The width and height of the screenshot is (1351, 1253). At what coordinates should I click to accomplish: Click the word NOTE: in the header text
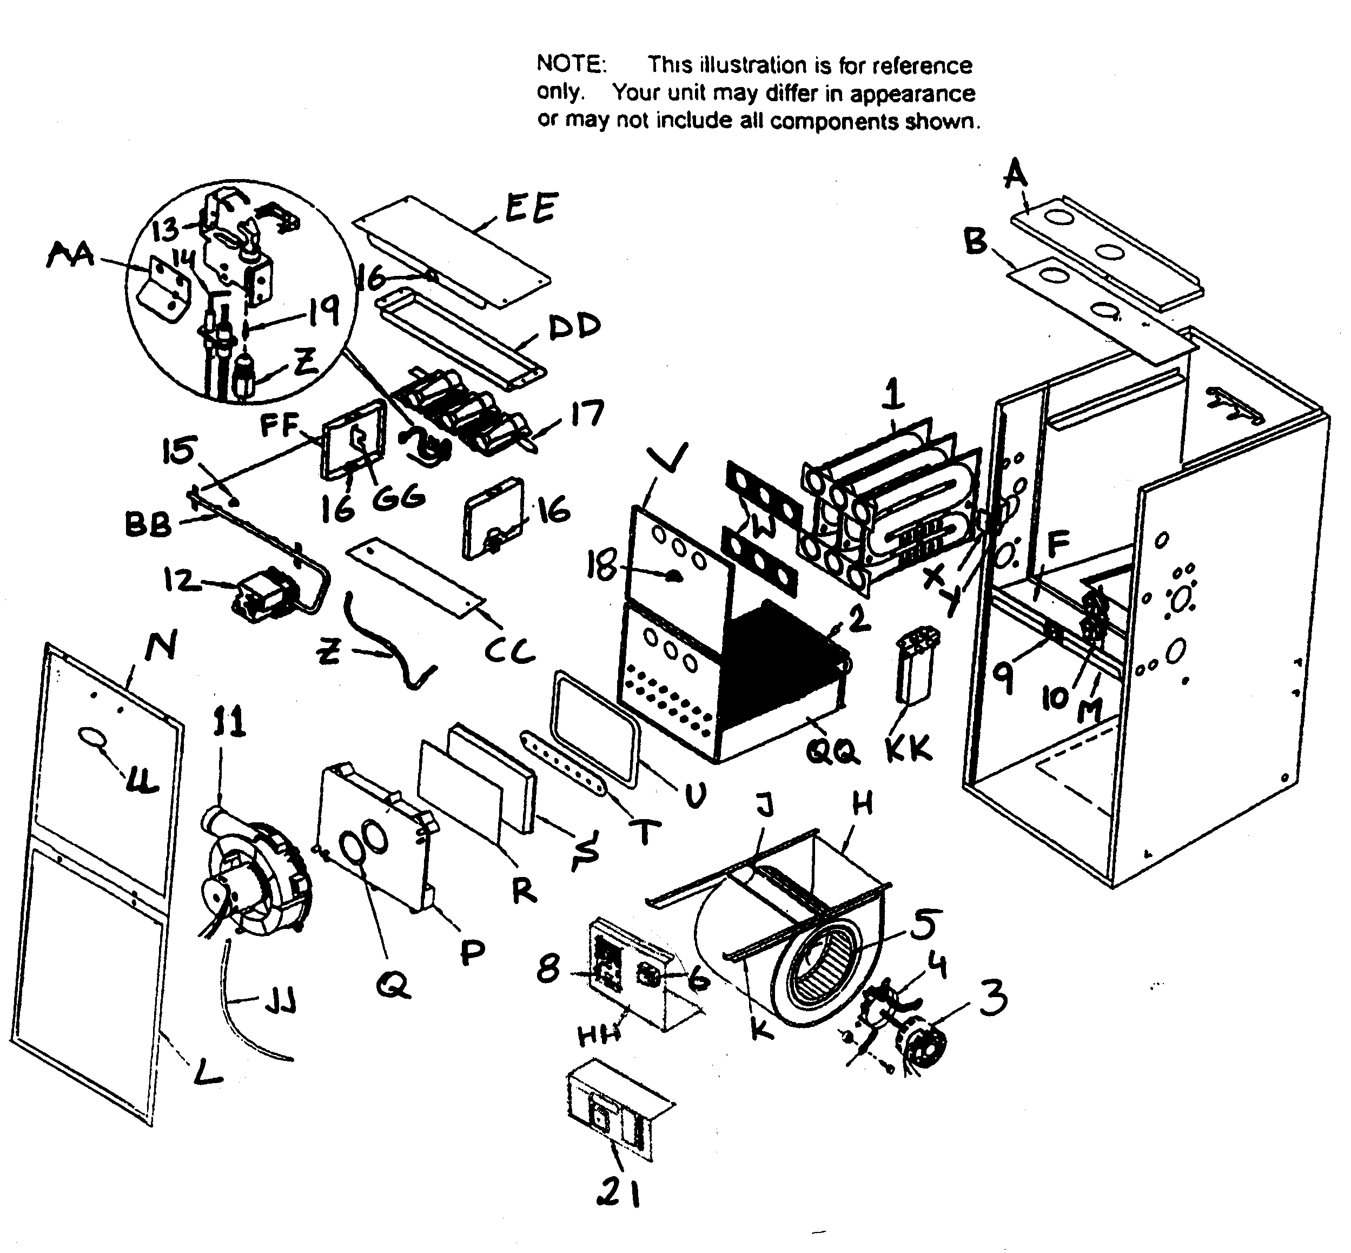570,64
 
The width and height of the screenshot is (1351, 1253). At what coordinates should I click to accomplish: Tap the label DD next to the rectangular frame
573,326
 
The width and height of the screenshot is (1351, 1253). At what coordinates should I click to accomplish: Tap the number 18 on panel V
602,565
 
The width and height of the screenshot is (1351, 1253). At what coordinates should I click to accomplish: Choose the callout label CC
510,651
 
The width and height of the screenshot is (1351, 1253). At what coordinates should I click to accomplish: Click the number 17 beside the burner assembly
586,413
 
